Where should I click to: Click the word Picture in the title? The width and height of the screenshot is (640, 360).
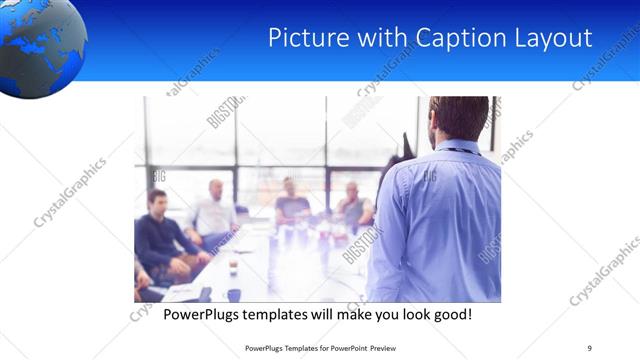(x=304, y=39)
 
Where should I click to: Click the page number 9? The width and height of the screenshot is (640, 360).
(x=590, y=348)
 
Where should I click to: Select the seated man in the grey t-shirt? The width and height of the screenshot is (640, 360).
(x=291, y=205)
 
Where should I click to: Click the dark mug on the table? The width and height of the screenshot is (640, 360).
(x=233, y=294)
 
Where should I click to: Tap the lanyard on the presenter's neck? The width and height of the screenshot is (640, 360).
(x=463, y=151)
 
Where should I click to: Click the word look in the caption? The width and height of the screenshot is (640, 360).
(x=399, y=315)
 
